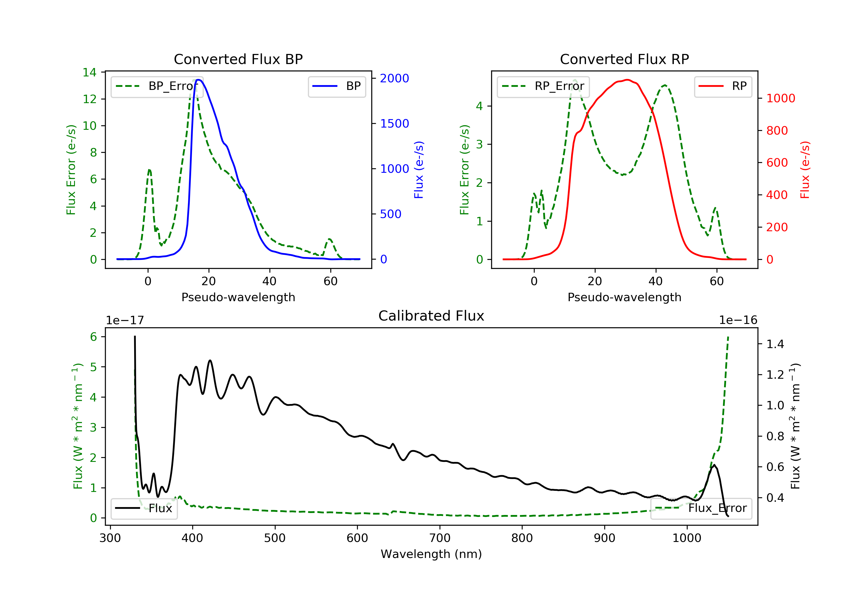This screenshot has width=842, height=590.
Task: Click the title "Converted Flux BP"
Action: [238, 59]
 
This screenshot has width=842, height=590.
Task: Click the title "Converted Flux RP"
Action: [624, 59]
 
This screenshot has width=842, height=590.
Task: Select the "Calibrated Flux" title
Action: [431, 316]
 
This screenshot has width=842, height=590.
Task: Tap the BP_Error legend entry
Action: [157, 86]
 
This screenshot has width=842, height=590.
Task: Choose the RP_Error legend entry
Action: [543, 86]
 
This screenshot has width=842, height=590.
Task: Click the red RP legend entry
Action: [722, 86]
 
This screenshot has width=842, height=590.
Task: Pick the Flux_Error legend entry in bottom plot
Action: [701, 508]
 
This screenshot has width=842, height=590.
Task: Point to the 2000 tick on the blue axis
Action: [394, 78]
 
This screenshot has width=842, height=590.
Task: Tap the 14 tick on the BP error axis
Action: [90, 72]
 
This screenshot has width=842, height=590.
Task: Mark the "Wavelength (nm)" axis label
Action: [431, 554]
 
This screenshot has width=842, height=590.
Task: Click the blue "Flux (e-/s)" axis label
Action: [419, 170]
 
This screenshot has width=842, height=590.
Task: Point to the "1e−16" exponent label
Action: [738, 320]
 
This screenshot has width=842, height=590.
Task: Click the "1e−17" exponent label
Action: [125, 320]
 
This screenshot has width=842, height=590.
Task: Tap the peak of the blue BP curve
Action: [198, 80]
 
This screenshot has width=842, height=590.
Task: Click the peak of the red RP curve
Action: [628, 80]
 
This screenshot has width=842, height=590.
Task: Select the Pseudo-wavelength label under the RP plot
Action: [624, 297]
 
